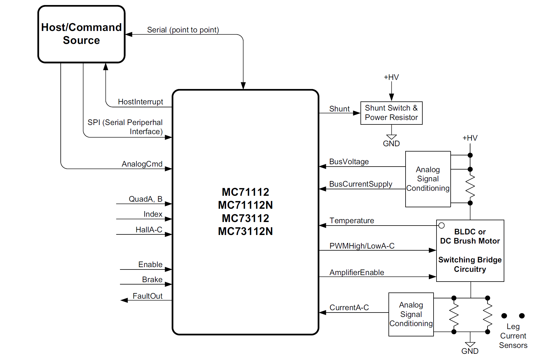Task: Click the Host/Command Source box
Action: (x=81, y=34)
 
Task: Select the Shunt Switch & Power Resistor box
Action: (x=391, y=113)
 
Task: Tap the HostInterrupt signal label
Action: (x=140, y=102)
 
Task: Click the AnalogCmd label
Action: (x=142, y=164)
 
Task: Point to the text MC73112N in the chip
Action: (x=245, y=231)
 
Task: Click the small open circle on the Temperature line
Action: (x=441, y=226)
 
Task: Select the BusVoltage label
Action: (x=349, y=162)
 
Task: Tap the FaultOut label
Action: (x=147, y=296)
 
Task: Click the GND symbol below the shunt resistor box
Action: (x=391, y=137)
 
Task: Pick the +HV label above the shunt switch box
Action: (x=391, y=77)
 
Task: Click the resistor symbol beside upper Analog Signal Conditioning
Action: (x=470, y=186)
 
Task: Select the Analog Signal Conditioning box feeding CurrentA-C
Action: (x=411, y=314)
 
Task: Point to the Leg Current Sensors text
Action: (x=513, y=336)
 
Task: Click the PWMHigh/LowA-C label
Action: (x=362, y=246)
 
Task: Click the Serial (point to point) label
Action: (x=183, y=30)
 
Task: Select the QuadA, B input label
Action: (x=145, y=199)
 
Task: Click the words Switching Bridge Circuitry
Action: (x=470, y=264)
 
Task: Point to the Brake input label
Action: (x=152, y=280)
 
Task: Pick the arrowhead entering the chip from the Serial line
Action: (x=243, y=86)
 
